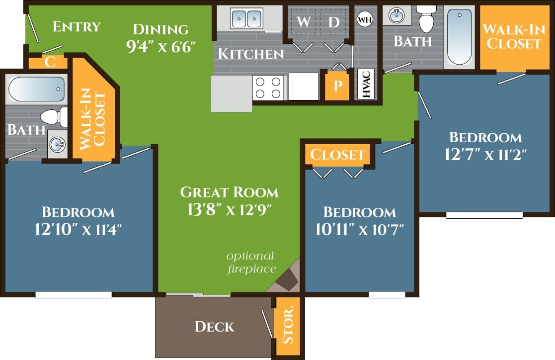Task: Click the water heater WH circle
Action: (364, 19)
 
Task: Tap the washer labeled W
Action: (304, 22)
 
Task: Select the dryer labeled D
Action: (333, 22)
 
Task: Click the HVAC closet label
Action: (366, 84)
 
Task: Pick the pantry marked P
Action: (337, 86)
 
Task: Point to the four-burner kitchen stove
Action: (268, 87)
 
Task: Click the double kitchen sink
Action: (246, 19)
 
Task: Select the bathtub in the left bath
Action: (36, 90)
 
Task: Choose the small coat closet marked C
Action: (50, 62)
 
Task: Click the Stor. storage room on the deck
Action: (288, 326)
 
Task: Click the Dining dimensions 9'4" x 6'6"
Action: (160, 48)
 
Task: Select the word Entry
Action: (77, 26)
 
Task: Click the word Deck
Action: (214, 326)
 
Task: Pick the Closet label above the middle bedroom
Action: (337, 155)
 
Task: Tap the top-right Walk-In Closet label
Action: (514, 36)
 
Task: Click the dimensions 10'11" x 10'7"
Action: (359, 229)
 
